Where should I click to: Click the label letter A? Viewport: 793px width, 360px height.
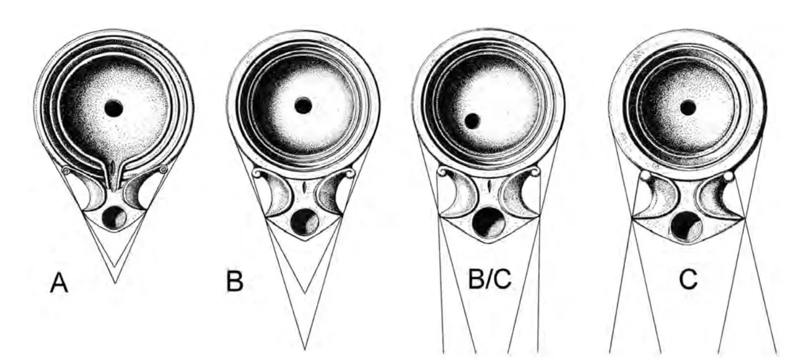click(x=59, y=284)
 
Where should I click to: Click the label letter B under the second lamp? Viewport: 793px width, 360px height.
click(x=235, y=281)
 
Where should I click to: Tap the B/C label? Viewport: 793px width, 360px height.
click(x=490, y=279)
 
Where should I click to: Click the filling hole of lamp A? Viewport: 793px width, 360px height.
click(x=114, y=108)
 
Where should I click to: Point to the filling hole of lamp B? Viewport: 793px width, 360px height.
click(x=303, y=106)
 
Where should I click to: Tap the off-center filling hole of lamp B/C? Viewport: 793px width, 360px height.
click(x=472, y=121)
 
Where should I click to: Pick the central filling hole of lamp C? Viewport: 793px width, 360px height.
click(x=688, y=107)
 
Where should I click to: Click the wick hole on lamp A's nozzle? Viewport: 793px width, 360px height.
click(x=114, y=217)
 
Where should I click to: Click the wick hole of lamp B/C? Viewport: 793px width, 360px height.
click(x=489, y=222)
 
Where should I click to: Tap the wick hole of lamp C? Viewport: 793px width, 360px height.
click(x=686, y=227)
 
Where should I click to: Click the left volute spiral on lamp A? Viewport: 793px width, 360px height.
click(x=66, y=170)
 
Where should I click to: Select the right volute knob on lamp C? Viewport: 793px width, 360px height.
click(x=728, y=175)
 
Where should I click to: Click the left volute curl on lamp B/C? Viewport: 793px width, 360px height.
click(x=443, y=172)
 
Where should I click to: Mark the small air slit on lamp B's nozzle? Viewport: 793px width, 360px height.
click(x=304, y=187)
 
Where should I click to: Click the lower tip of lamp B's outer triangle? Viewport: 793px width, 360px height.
click(x=305, y=349)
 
